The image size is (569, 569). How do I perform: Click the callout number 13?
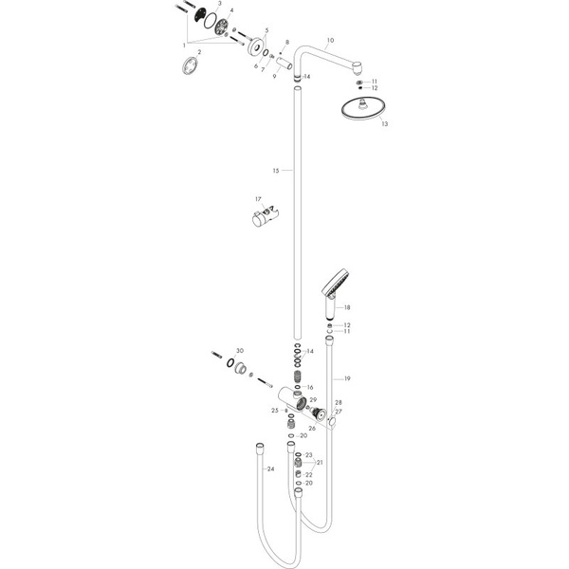pyautogui.click(x=358, y=123)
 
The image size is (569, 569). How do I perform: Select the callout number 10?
pyautogui.click(x=330, y=42)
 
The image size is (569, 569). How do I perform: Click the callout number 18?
pyautogui.click(x=347, y=308)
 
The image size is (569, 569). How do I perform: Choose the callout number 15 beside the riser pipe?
pyautogui.click(x=276, y=172)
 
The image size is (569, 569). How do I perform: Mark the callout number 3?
pyautogui.click(x=220, y=5)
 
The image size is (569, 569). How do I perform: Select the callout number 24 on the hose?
pyautogui.click(x=270, y=468)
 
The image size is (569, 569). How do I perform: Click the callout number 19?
pyautogui.click(x=347, y=379)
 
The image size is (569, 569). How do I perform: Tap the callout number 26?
pyautogui.click(x=311, y=429)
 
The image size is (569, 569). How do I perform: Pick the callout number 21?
pyautogui.click(x=320, y=463)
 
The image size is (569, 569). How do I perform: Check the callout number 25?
pyautogui.click(x=274, y=410)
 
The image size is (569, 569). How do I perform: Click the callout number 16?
pyautogui.click(x=309, y=388)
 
